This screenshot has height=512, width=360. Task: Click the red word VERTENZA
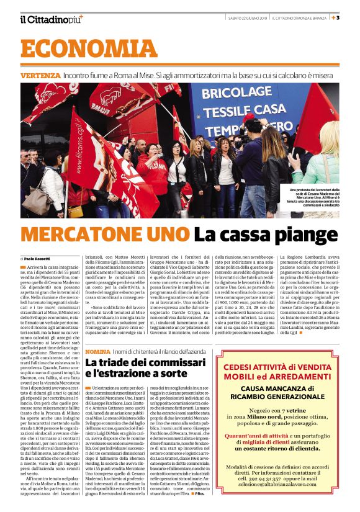point(40,75)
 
